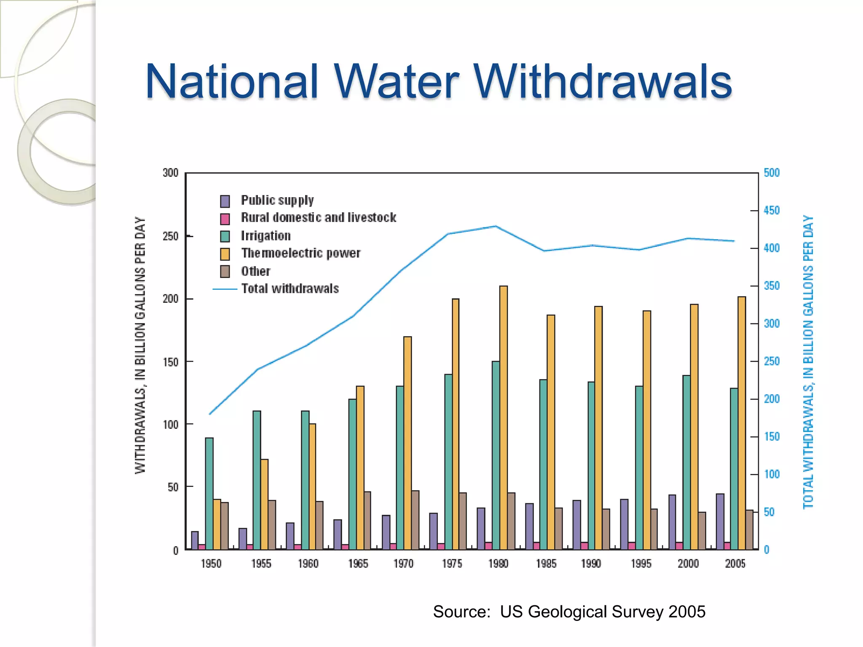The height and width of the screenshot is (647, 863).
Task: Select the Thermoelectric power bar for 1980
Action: pos(503,417)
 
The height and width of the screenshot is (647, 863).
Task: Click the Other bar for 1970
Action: pos(415,520)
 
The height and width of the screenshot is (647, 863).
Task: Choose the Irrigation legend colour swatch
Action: pos(225,236)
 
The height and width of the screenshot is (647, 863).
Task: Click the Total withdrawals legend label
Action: pos(290,289)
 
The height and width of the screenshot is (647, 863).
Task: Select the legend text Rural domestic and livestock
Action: pos(318,218)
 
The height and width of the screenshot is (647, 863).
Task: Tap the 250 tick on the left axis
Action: pos(171,236)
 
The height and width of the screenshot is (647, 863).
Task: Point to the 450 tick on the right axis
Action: pos(772,210)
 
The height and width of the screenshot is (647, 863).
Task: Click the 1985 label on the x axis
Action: pos(546,564)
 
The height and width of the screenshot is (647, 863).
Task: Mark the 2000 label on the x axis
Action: pos(688,564)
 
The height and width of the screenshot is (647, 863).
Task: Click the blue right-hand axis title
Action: pos(808,362)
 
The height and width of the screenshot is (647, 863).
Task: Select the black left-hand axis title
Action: pos(140,345)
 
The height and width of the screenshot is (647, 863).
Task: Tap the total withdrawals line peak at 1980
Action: pos(496,226)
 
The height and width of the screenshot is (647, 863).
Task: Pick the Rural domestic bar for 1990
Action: pos(584,546)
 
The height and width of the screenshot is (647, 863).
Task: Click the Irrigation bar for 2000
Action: pos(686,462)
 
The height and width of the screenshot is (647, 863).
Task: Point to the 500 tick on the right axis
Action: pos(772,173)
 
